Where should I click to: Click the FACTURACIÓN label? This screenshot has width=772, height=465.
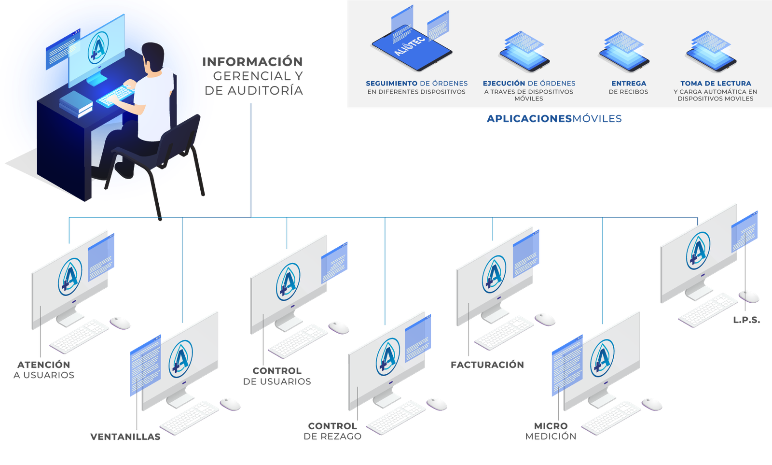(x=487, y=365)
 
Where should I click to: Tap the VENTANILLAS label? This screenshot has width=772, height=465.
(x=125, y=437)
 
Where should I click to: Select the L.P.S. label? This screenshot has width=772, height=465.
(x=746, y=320)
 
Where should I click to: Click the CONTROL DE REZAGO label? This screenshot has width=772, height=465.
(x=332, y=431)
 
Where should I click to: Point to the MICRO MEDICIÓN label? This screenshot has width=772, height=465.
(x=551, y=431)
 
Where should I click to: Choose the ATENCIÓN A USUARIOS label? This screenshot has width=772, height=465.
(x=44, y=370)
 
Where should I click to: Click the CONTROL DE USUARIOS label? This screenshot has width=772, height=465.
(x=277, y=376)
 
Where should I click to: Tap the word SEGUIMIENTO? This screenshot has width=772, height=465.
(x=391, y=84)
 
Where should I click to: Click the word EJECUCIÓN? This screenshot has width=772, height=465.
(x=504, y=84)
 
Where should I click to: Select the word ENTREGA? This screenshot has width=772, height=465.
(x=628, y=84)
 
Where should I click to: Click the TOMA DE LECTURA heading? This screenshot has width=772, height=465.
(x=716, y=84)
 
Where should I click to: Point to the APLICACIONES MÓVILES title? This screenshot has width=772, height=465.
(x=554, y=119)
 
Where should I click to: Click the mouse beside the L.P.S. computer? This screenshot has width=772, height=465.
(x=749, y=296)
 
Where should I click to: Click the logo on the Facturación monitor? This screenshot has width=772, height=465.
(x=494, y=275)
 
